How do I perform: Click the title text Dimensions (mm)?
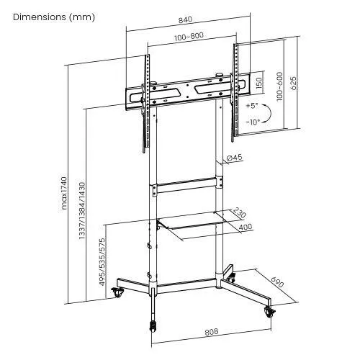(x=54, y=17)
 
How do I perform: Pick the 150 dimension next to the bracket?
(x=258, y=85)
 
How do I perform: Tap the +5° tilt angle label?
(x=251, y=105)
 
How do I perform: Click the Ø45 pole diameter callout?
(x=234, y=158)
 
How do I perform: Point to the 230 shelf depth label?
(x=239, y=214)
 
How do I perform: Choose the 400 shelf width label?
(x=246, y=228)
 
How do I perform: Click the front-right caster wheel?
(x=270, y=311)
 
